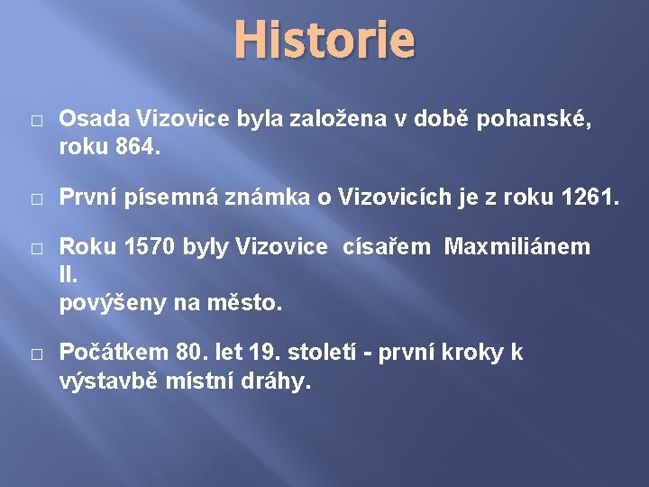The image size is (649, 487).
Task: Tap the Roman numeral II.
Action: click(69, 276)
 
